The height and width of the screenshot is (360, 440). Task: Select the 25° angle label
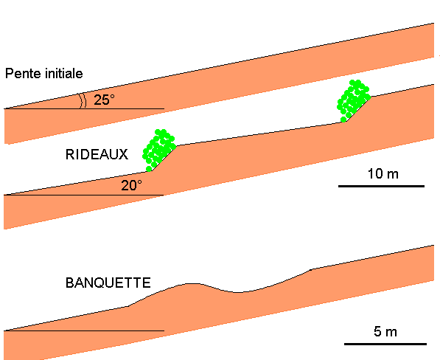(x=104, y=100)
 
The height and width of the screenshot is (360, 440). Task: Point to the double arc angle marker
(x=83, y=100)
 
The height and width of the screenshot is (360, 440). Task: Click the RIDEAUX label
(x=97, y=154)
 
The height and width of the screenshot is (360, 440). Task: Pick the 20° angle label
(x=131, y=185)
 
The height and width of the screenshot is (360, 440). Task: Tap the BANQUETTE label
(x=108, y=283)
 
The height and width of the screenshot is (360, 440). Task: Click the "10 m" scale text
(x=383, y=173)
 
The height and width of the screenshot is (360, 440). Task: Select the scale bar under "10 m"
(x=381, y=186)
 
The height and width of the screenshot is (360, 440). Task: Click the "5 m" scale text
(x=385, y=331)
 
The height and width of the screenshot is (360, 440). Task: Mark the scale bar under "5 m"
(x=385, y=344)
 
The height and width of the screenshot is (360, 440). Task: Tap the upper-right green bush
(x=353, y=101)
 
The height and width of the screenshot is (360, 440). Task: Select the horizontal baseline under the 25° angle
(x=84, y=108)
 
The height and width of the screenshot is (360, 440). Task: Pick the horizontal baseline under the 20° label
(x=83, y=195)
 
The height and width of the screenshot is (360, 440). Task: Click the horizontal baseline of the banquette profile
(x=84, y=330)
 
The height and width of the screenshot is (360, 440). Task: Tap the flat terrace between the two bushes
(x=261, y=134)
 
